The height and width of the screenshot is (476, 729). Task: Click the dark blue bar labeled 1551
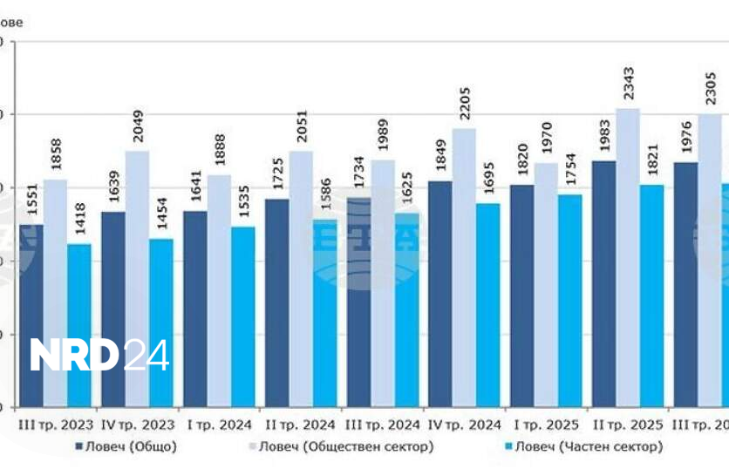click(x=31, y=315)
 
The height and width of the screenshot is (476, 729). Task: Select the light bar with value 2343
click(x=628, y=257)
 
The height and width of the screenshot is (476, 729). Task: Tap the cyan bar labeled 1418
click(x=79, y=325)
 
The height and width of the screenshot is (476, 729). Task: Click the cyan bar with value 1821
click(x=651, y=296)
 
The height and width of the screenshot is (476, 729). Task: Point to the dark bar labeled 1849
click(x=439, y=294)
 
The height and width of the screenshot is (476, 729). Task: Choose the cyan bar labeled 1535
click(x=242, y=316)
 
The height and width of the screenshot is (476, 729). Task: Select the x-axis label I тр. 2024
click(x=219, y=425)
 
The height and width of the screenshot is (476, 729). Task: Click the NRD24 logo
click(x=100, y=355)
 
